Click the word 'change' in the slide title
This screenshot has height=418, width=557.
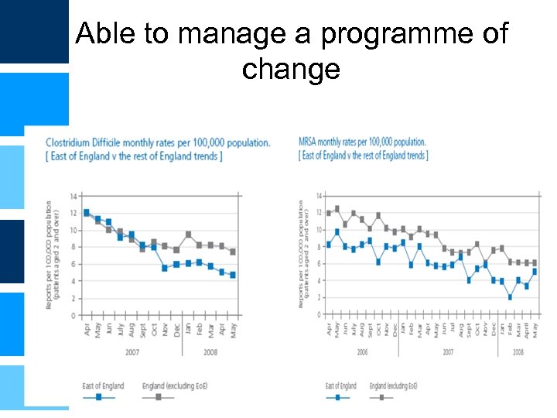(x=290, y=69)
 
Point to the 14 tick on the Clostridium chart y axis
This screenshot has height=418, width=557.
(x=73, y=196)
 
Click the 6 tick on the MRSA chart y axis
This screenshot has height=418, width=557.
(x=320, y=264)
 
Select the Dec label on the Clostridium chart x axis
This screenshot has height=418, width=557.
(x=176, y=329)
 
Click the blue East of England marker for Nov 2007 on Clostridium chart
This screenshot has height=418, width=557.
(x=165, y=268)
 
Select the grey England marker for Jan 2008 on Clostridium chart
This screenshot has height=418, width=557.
(x=188, y=234)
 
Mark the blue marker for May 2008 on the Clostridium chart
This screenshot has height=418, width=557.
(x=233, y=275)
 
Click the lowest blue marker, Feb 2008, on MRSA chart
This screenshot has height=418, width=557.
(x=511, y=297)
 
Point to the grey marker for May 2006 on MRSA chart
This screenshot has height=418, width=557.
(x=337, y=209)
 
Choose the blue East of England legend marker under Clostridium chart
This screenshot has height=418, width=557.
(x=98, y=396)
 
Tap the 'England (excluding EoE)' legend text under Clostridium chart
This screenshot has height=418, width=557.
(x=175, y=385)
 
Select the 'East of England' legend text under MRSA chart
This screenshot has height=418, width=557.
(x=341, y=385)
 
